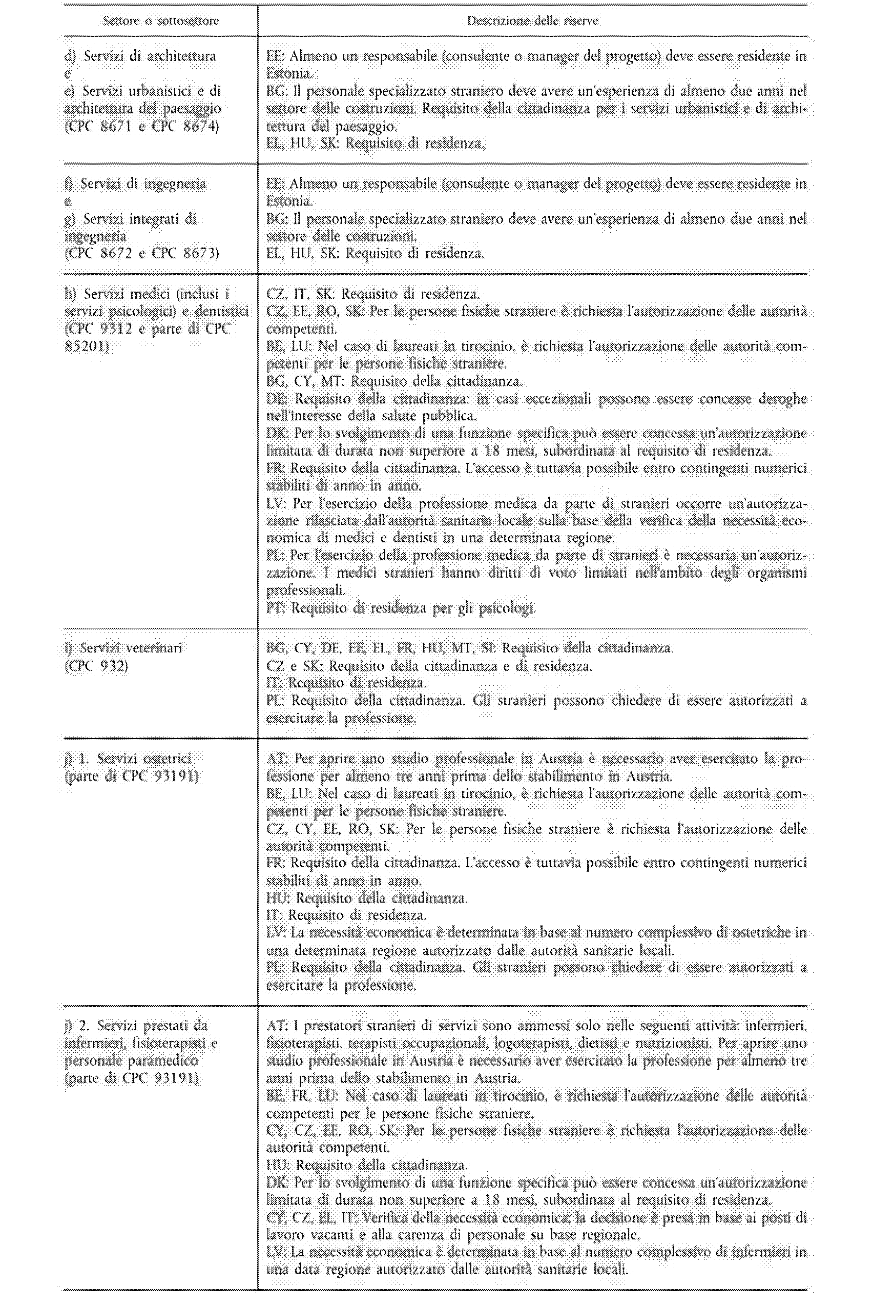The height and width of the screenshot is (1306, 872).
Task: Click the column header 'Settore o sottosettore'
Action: (x=161, y=21)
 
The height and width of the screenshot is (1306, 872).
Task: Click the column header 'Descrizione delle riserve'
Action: (x=532, y=21)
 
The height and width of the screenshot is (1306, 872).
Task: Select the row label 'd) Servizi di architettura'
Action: (x=140, y=56)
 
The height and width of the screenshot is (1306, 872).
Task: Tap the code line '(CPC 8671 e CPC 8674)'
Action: (x=142, y=126)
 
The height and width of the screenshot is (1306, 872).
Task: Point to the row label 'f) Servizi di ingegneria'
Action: (x=135, y=183)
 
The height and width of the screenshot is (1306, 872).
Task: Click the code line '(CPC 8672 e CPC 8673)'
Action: (x=142, y=254)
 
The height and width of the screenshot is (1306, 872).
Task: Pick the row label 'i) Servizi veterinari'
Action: (x=123, y=648)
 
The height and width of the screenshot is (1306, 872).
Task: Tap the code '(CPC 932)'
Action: (x=96, y=666)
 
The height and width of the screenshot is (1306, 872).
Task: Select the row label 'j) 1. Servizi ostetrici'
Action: (x=128, y=759)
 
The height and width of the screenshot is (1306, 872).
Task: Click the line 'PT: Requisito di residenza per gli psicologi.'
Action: (x=401, y=608)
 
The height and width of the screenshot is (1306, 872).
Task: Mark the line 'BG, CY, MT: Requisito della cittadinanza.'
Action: (x=395, y=381)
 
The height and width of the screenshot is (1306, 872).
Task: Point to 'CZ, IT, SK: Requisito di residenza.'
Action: (x=372, y=294)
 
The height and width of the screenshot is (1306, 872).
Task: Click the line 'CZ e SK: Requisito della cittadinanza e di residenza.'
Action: (x=429, y=666)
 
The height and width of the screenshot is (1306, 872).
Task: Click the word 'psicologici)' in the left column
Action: (x=143, y=312)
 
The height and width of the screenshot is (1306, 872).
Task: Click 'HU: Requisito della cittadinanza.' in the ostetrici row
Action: (x=367, y=897)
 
